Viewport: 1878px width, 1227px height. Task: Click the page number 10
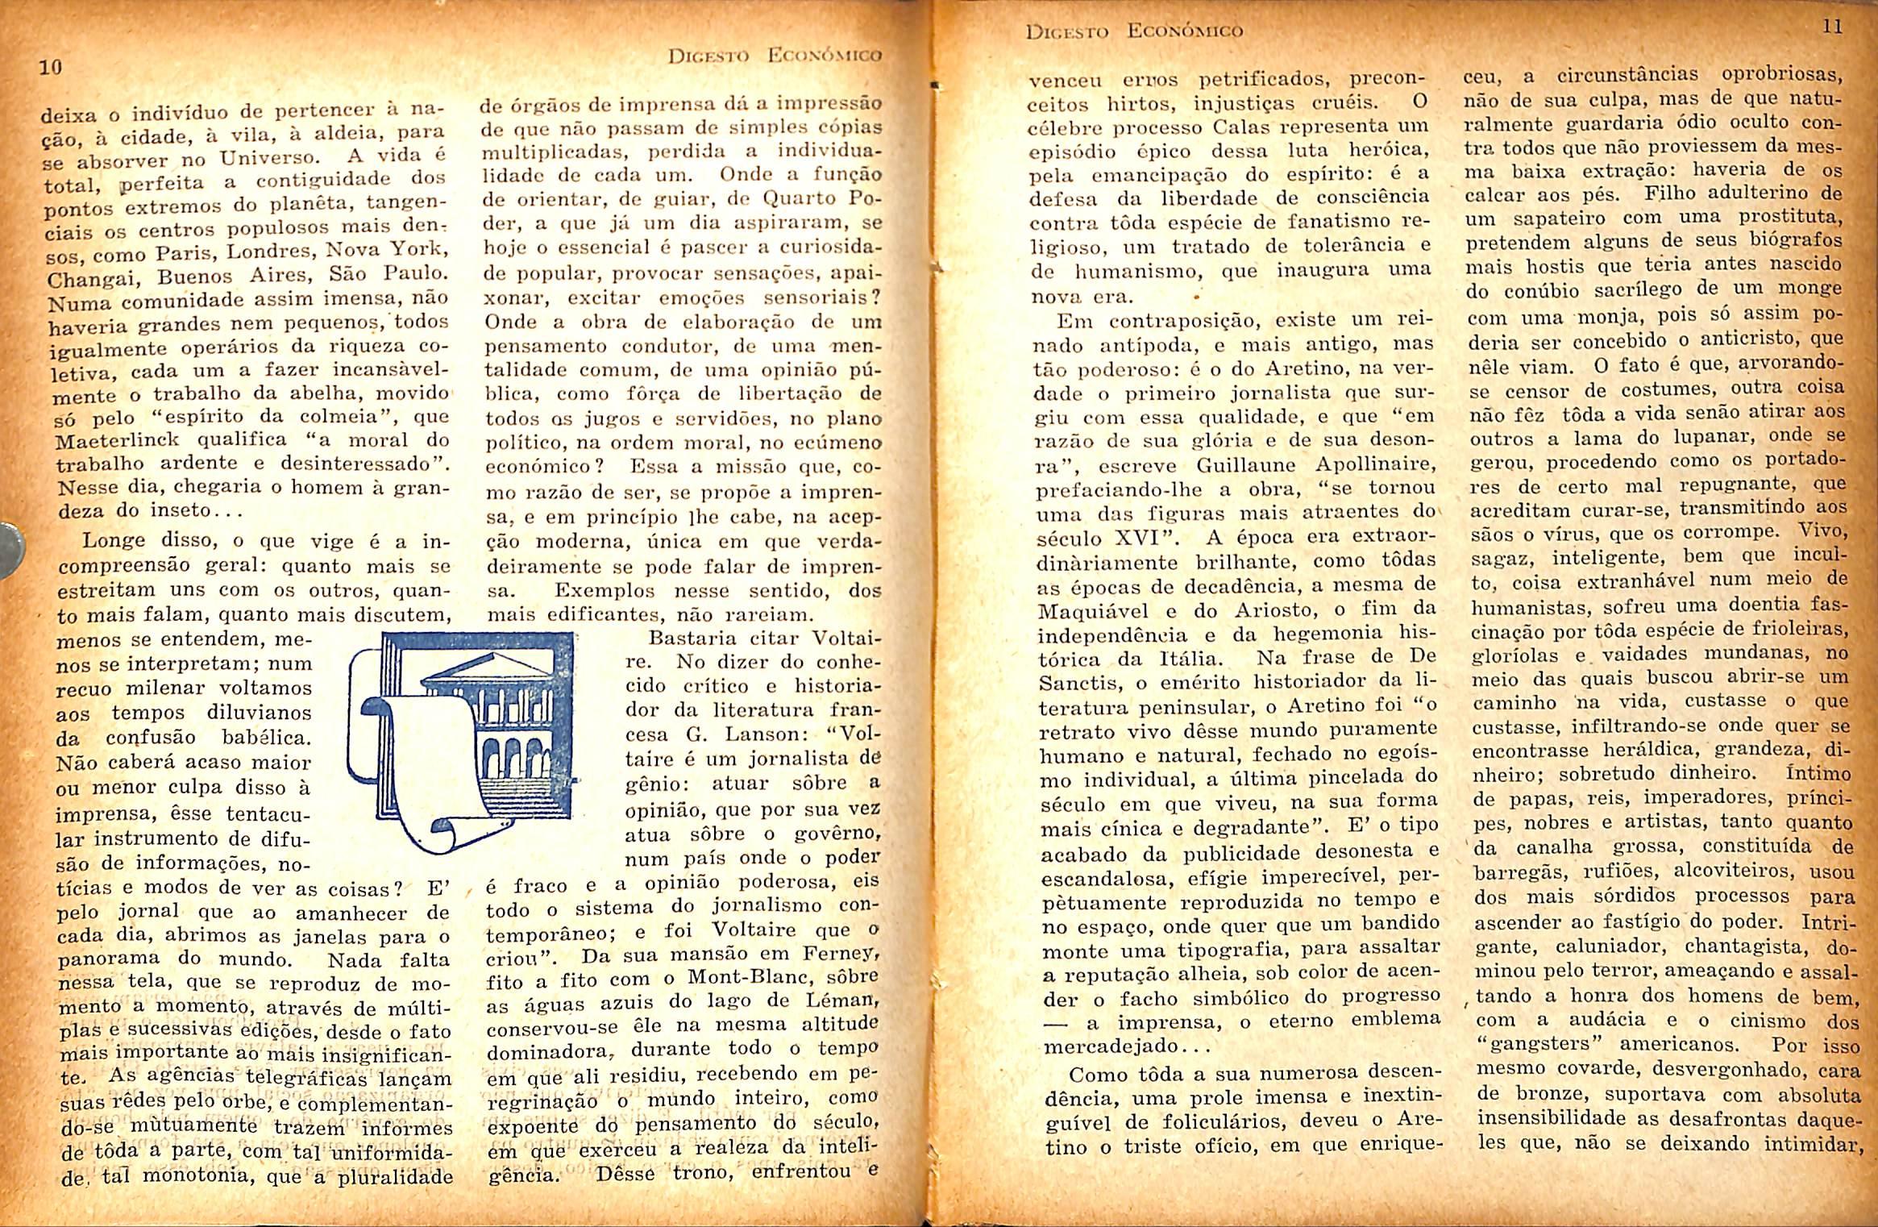point(50,68)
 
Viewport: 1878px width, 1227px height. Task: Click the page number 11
point(1831,27)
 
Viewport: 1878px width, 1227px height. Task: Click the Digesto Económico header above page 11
point(1134,31)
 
